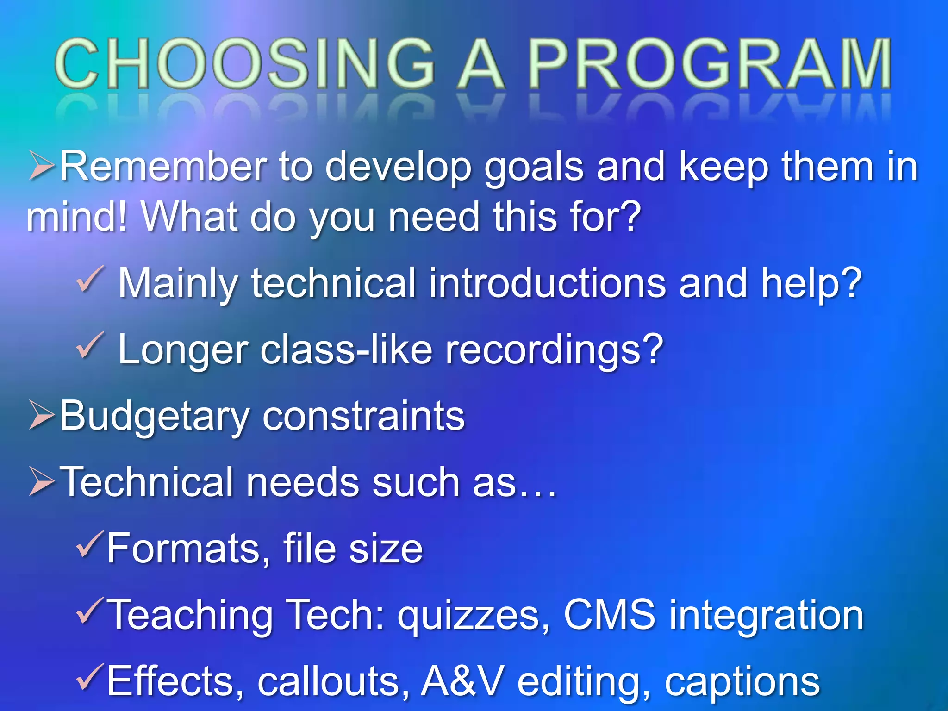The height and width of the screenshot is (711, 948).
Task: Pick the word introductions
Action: point(547,283)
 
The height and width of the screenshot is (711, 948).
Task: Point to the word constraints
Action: point(363,416)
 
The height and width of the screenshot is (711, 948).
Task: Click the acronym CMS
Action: point(609,614)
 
